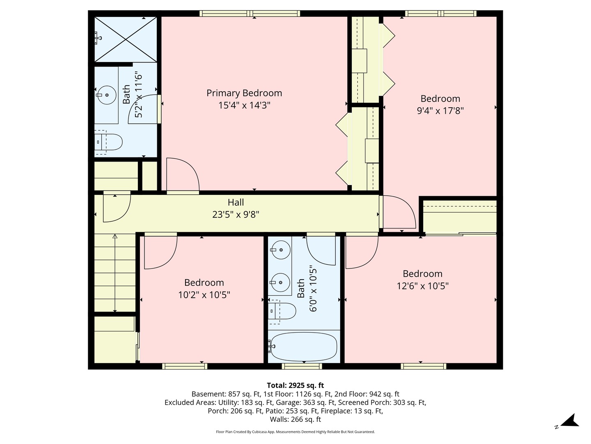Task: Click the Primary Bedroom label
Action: click(x=244, y=93)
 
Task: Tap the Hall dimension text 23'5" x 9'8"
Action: click(x=236, y=214)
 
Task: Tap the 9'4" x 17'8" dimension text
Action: click(x=440, y=111)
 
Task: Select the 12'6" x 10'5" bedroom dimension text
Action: click(x=422, y=286)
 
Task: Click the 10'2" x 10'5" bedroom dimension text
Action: click(x=204, y=295)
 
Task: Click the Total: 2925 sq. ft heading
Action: click(x=295, y=385)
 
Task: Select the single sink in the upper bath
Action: click(x=107, y=95)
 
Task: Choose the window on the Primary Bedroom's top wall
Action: click(x=250, y=14)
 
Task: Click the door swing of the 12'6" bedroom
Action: click(x=361, y=252)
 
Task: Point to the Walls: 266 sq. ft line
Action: click(x=295, y=419)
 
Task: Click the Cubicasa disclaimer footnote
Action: click(x=295, y=432)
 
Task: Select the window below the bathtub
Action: click(x=302, y=366)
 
